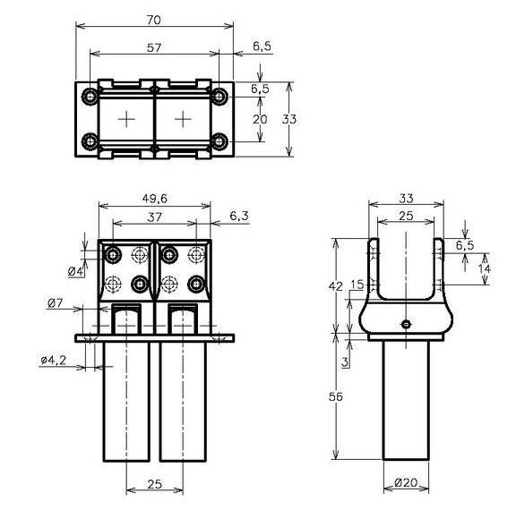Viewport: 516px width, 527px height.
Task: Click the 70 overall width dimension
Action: coord(154,18)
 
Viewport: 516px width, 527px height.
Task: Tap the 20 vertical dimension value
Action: coord(260,119)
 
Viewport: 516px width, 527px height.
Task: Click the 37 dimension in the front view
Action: coord(154,217)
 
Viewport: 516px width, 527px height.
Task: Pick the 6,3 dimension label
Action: coord(241,216)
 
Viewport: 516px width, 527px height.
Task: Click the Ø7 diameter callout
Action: coord(55,304)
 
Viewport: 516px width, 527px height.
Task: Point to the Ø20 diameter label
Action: coord(407,483)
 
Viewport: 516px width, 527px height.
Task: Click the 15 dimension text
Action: coord(357,285)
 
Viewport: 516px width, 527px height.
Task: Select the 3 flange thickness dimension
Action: coord(345,361)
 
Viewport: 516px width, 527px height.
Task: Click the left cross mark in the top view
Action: coord(127,118)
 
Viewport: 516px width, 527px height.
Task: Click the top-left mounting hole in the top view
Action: coord(90,96)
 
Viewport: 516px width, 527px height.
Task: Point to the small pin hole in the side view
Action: coord(406,324)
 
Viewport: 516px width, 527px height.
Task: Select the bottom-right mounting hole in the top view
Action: coord(219,141)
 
